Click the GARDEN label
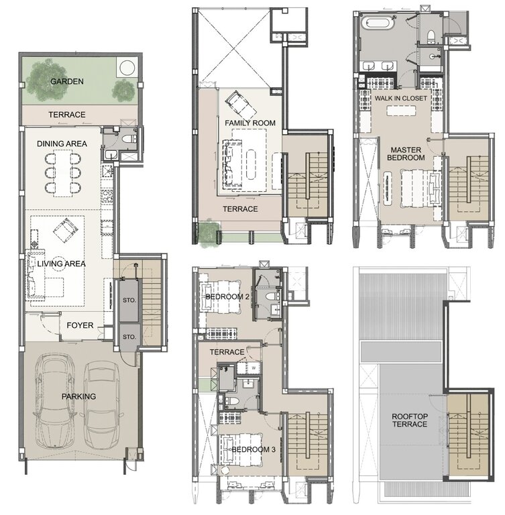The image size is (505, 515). coord(66,81)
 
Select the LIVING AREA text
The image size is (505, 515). coord(58,264)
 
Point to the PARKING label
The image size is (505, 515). coord(80,396)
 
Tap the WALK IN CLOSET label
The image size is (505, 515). coord(400,98)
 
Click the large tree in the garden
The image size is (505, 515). coord(46,74)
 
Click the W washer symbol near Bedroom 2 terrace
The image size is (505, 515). coord(254,367)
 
